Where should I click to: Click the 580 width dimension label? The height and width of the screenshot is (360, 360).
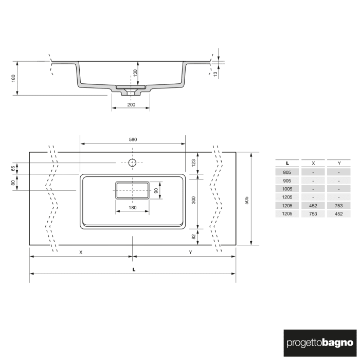coord(133,139)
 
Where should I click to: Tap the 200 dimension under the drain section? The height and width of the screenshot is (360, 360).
coord(131,104)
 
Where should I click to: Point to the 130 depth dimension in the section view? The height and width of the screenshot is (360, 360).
coord(135,74)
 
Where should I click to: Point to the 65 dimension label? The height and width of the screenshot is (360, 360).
coord(13,168)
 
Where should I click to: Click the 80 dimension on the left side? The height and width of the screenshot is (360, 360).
coord(13,182)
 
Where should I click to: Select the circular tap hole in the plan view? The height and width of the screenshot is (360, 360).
coord(132,163)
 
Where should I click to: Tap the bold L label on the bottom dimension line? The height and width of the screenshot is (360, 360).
coord(133,269)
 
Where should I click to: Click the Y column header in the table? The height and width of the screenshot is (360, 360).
coord(339,163)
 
